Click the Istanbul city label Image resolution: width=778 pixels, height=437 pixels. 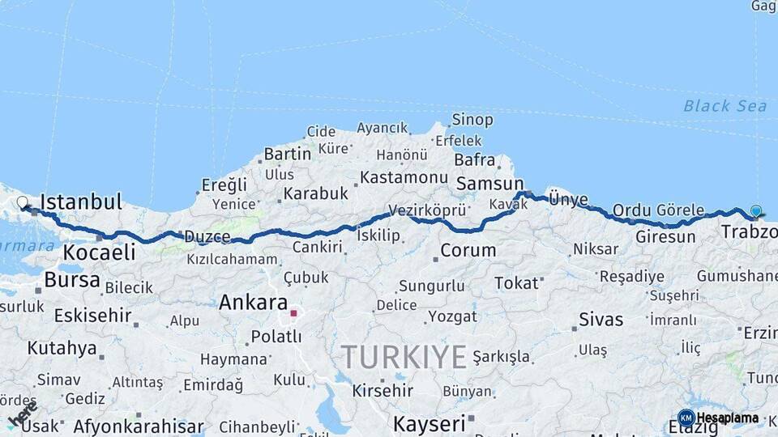coord(81,202)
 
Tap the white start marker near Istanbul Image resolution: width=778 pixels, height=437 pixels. coord(22,202)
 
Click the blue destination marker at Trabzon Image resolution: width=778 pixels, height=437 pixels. coord(756,211)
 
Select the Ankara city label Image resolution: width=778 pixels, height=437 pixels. coord(253,303)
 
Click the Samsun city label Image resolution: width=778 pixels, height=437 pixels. coord(489,185)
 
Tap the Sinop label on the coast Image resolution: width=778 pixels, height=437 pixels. coord(472,120)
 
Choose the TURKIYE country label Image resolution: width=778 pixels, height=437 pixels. coord(404,357)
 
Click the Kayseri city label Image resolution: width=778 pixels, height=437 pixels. coord(430,423)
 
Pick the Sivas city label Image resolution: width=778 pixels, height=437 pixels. coord(601,319)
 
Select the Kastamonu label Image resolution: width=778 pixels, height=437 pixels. coord(404,177)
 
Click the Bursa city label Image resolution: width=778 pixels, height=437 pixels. coord(72,281)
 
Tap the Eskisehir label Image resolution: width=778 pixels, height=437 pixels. coord(92,315)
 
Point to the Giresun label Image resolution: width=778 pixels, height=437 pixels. coord(665,237)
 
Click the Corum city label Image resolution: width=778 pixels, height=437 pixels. coord(468,251)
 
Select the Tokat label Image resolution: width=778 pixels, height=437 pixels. coord(516,283)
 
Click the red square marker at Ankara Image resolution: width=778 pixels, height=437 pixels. coord(293,312)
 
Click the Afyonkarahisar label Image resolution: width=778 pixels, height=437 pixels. coord(138,426)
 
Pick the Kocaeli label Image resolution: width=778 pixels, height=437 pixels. coord(99,252)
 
